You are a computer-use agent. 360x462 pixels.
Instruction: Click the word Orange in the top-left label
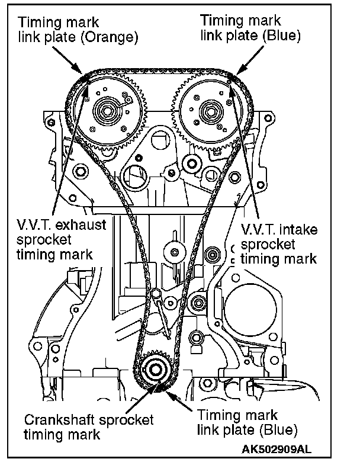pos(115,38)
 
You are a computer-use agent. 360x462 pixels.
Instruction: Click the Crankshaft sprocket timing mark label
pos(89,426)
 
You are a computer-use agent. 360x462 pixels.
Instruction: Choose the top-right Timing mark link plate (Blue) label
pos(251,28)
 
